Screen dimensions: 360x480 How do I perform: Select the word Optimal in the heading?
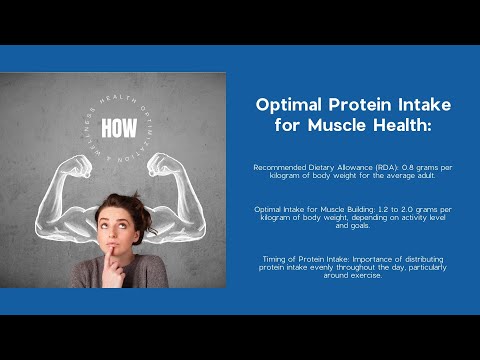point(291,104)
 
